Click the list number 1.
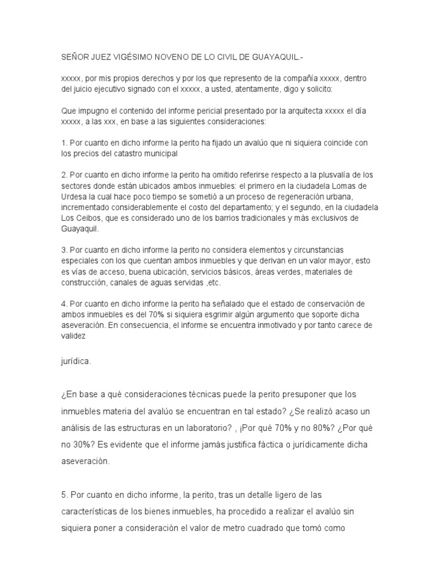click(x=63, y=143)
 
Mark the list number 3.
click(x=63, y=250)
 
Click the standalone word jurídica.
click(x=76, y=361)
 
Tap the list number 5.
click(x=63, y=494)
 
